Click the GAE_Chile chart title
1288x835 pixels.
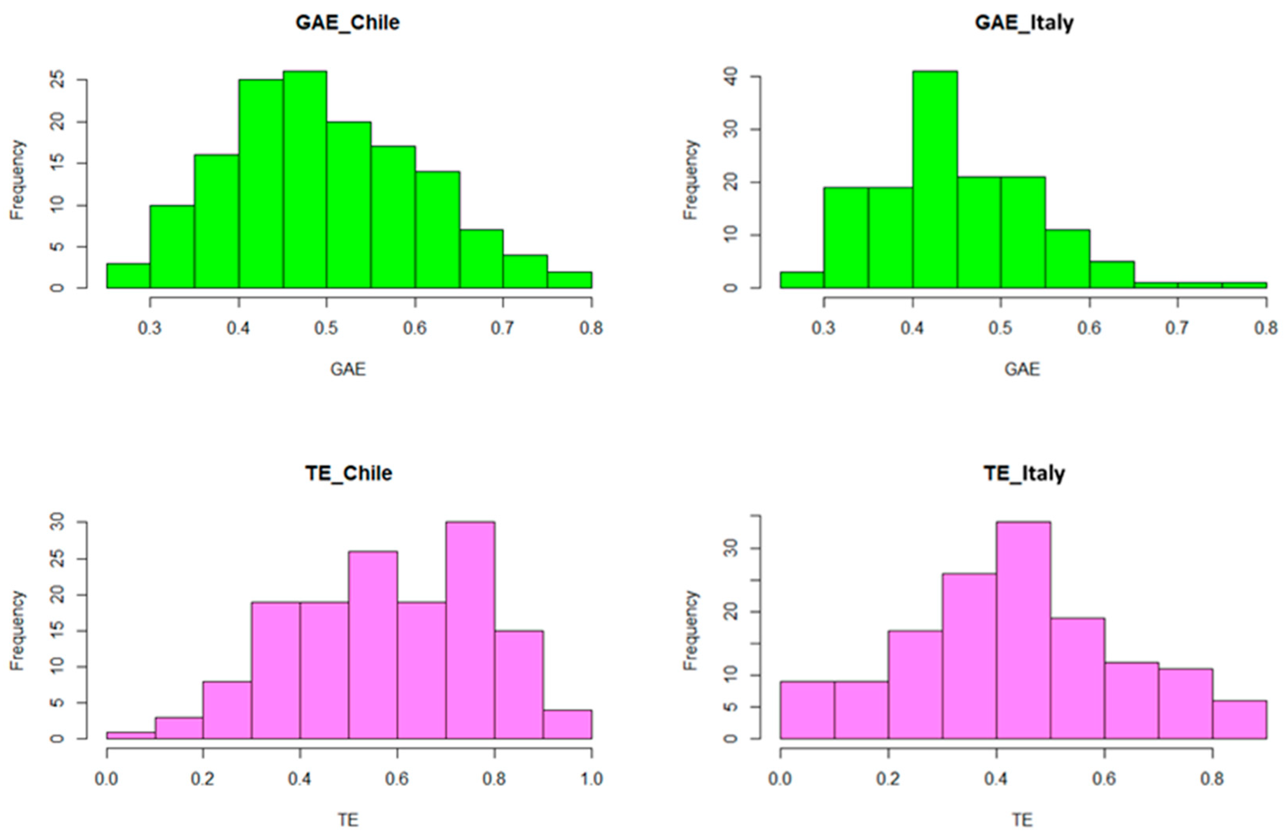(348, 23)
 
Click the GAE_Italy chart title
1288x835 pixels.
(1024, 23)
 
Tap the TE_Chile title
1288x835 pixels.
(348, 473)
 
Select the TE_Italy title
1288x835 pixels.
(1024, 473)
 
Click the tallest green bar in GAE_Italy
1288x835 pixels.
(934, 178)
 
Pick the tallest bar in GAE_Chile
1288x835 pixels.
(305, 178)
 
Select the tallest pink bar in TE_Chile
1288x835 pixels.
(470, 630)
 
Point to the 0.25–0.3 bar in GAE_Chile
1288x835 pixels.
(128, 276)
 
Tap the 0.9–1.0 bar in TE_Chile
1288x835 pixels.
(567, 725)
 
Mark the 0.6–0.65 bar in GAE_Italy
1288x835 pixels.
(1111, 275)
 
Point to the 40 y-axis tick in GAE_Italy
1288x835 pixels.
(731, 77)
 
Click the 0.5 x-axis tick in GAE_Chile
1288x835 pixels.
(326, 328)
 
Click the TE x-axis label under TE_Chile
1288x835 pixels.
(348, 820)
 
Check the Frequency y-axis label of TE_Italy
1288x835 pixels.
(691, 630)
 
